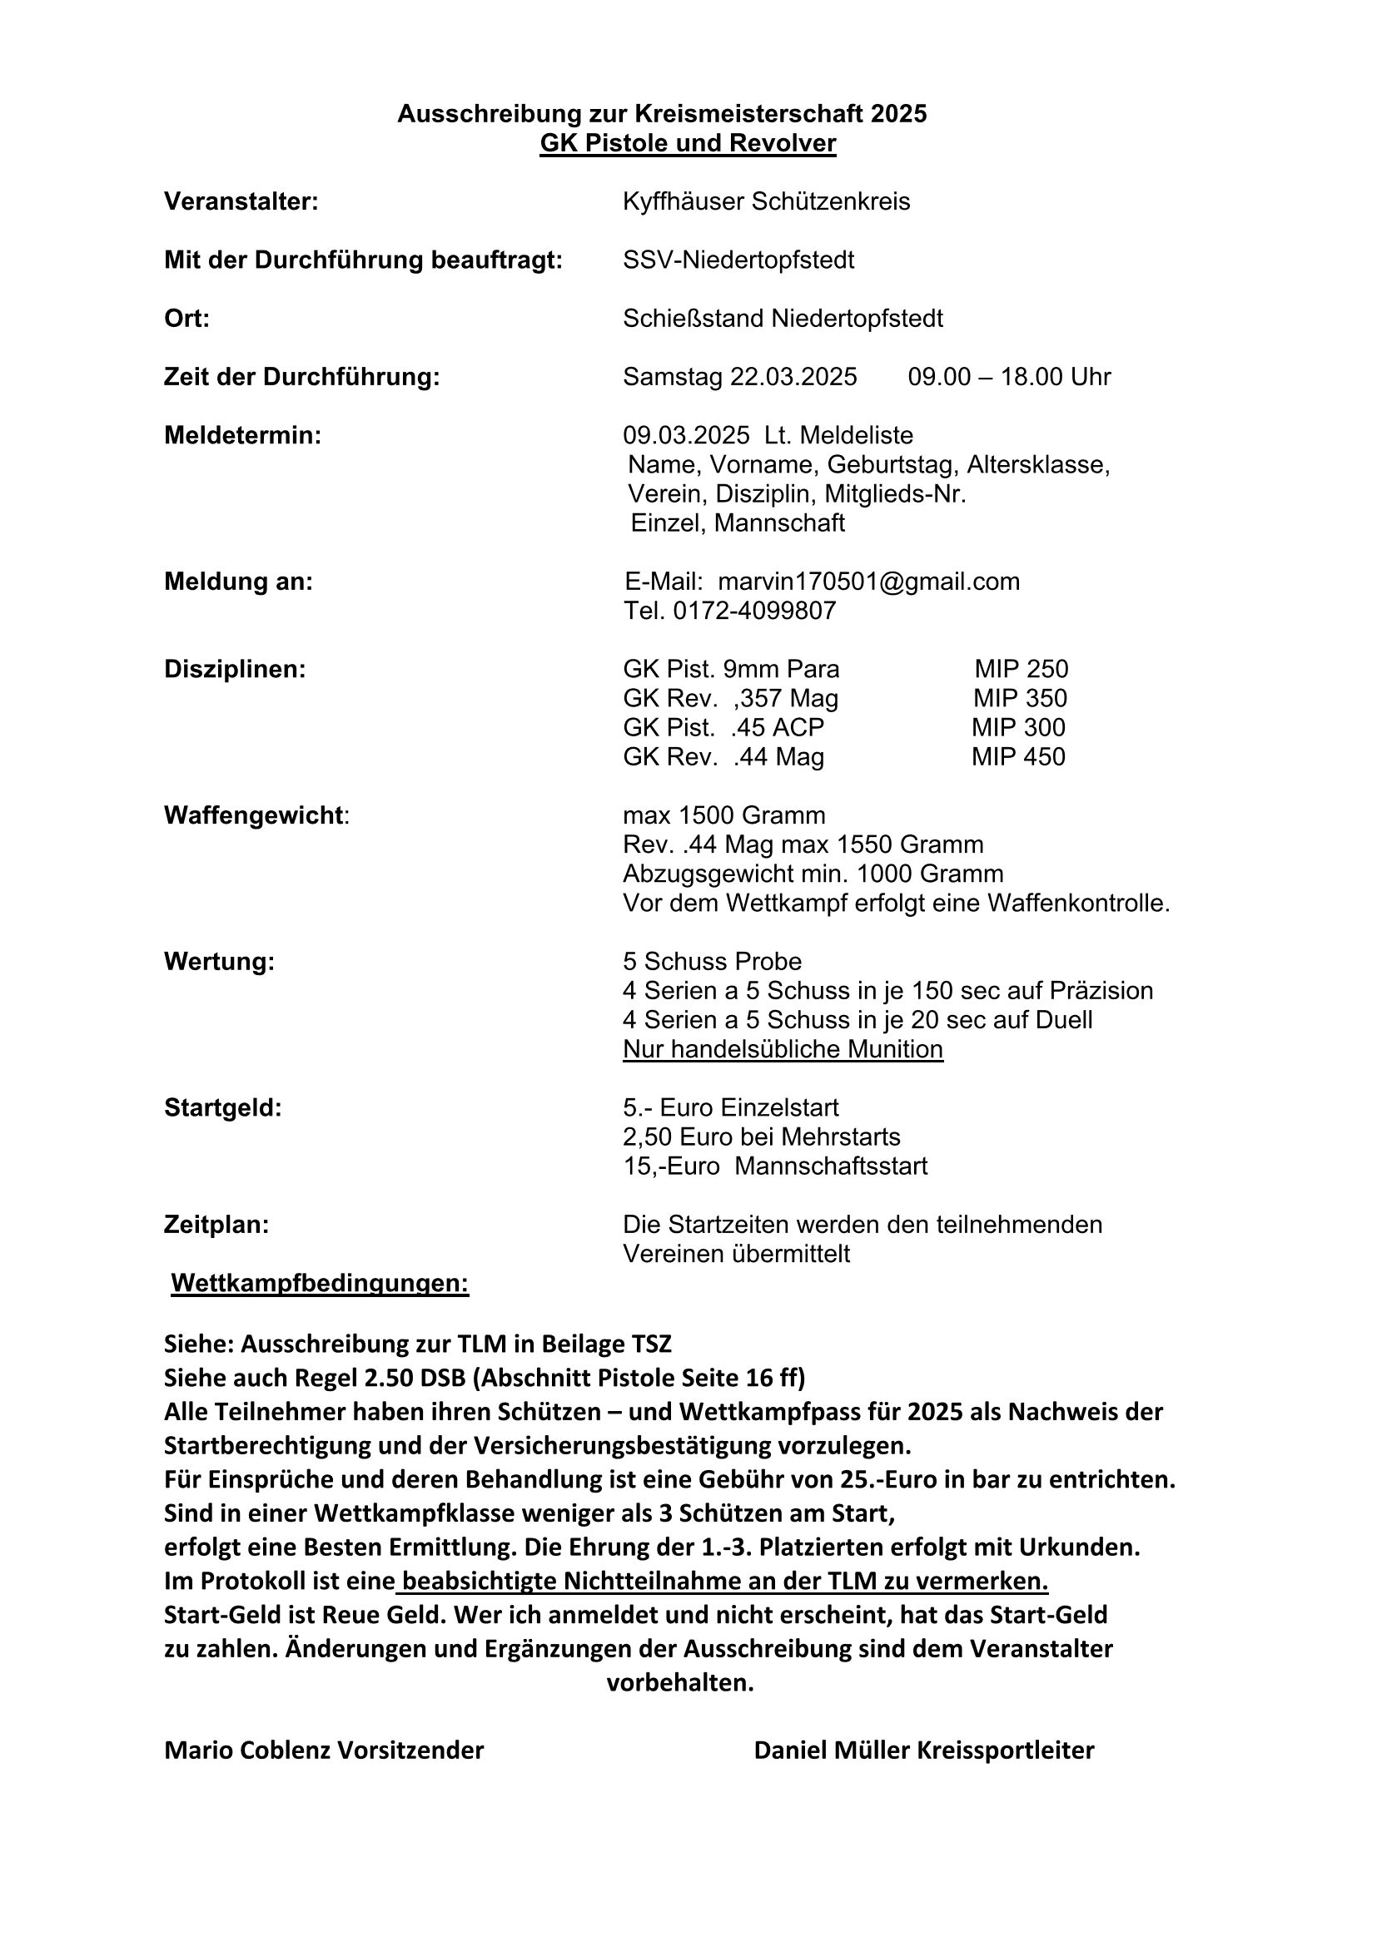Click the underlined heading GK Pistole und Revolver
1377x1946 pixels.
pos(688,143)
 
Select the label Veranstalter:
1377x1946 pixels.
pos(241,201)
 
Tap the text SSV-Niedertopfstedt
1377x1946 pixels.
pos(738,260)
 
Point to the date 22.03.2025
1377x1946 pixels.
pos(793,377)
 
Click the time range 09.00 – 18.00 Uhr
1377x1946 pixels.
pos(1009,377)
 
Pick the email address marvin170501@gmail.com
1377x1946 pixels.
pos(868,582)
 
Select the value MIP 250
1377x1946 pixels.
pos(1021,670)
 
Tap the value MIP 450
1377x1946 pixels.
pos(1018,757)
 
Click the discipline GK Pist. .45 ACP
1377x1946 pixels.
pos(723,728)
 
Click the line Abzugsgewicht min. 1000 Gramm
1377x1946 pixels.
pos(813,874)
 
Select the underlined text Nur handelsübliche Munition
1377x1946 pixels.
pos(783,1049)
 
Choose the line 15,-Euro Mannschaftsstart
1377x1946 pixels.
pos(775,1166)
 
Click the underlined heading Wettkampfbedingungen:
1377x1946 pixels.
pos(320,1283)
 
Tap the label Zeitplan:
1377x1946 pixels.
pos(216,1225)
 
